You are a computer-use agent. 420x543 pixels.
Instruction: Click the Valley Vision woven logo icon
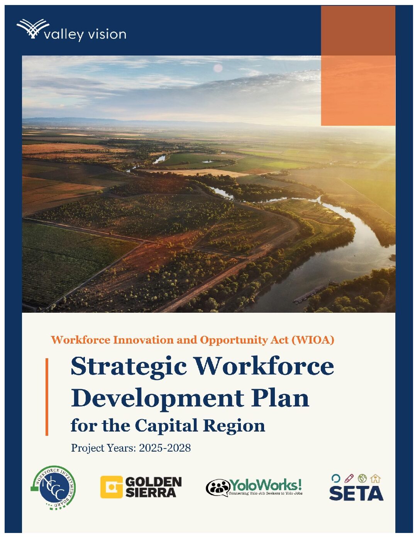tap(30, 29)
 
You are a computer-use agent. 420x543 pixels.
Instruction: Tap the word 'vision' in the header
tap(107, 34)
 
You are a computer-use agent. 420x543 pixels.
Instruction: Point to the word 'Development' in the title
tap(157, 398)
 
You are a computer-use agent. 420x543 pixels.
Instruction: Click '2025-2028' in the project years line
tap(165, 448)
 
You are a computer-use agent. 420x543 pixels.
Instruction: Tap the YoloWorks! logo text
tap(266, 485)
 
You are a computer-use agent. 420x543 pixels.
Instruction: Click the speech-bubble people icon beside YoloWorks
tap(218, 487)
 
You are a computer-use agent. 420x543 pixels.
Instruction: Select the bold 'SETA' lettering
tap(356, 493)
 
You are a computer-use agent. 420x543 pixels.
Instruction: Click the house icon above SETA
tap(375, 479)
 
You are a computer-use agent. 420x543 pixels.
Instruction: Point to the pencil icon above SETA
tap(349, 479)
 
